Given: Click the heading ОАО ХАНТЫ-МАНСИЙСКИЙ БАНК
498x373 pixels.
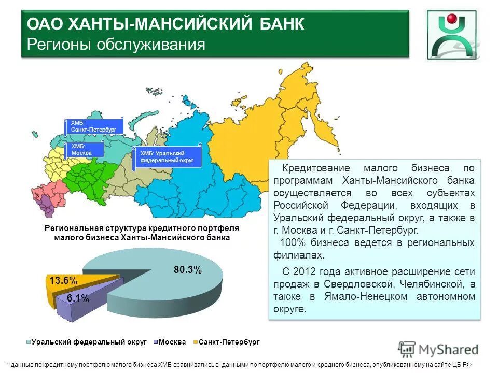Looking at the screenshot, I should (x=165, y=24).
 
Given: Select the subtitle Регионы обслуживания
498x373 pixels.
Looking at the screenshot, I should (x=116, y=45).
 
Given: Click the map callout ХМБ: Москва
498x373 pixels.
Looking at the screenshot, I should (x=84, y=150).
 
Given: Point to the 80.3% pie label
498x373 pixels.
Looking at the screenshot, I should (x=187, y=269).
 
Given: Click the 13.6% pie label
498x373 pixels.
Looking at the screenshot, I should (x=63, y=281).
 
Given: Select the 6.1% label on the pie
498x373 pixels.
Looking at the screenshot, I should (x=78, y=298).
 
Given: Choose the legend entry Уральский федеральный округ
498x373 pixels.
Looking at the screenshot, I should (x=82, y=342).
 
